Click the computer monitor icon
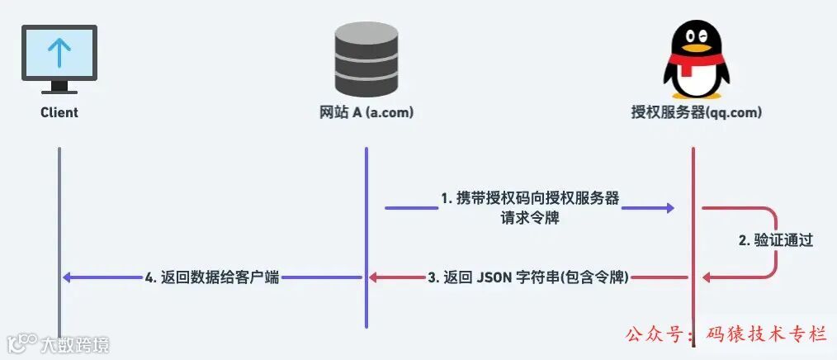click(59, 58)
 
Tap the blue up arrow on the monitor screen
click(59, 51)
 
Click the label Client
click(59, 112)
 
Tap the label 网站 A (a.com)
click(366, 112)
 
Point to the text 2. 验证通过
click(775, 241)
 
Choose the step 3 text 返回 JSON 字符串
click(529, 278)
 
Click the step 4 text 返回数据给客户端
click(212, 278)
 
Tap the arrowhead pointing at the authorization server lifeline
click(669, 209)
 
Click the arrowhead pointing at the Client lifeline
click(69, 278)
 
